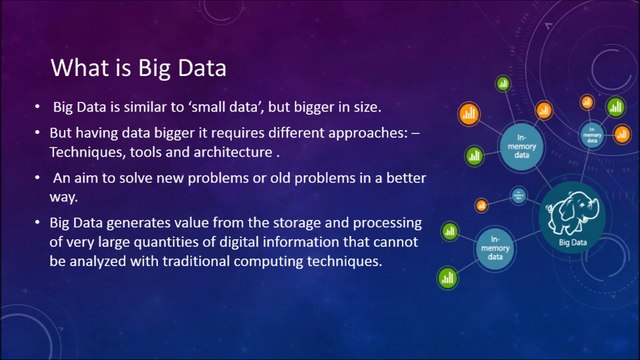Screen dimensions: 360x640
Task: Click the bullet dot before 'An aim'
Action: pyautogui.click(x=38, y=177)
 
